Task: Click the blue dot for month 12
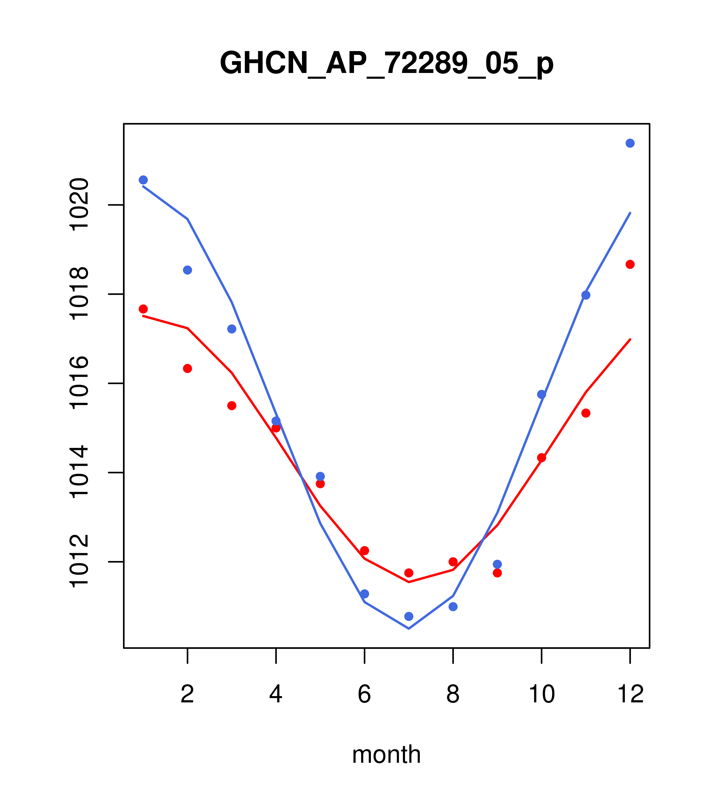tap(630, 143)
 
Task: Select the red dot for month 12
tap(630, 264)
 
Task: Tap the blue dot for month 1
tap(143, 180)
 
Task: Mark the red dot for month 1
tap(143, 309)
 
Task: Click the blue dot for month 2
tap(188, 270)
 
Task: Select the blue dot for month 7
tap(409, 616)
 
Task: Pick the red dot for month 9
tap(497, 573)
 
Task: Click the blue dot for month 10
tap(541, 394)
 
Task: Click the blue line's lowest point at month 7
tap(409, 629)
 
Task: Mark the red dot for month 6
tap(365, 550)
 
